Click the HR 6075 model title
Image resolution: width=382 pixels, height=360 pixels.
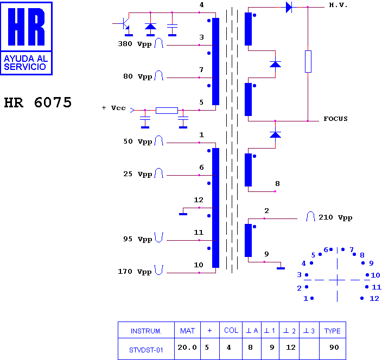coord(38,102)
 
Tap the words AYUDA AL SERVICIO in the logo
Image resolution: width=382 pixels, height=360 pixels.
coord(26,62)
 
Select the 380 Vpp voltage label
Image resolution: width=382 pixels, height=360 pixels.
coord(135,44)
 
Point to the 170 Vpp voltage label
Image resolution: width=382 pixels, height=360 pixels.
coord(135,272)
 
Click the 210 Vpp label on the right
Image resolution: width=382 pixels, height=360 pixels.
coord(335,217)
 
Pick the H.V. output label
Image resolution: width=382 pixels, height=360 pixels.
coord(338,5)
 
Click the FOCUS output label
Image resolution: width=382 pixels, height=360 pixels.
coord(335,119)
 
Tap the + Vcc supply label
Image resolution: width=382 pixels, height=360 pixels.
coord(114,108)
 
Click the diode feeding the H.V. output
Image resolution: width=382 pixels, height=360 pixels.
coord(289,7)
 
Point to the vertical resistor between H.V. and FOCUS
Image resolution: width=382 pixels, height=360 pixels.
coord(308,62)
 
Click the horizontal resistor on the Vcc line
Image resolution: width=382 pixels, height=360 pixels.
coord(167,111)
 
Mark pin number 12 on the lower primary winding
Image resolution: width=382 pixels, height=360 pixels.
coord(199,200)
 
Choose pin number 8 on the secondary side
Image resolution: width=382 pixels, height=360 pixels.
coord(277,184)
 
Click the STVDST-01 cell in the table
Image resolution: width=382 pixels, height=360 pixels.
coord(146,350)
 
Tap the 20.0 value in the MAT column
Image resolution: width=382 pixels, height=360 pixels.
coord(187,348)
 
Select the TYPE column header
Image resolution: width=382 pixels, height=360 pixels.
coord(332,331)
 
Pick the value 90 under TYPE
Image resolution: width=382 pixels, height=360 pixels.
coord(334,348)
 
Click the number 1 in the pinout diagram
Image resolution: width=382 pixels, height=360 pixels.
coord(306,299)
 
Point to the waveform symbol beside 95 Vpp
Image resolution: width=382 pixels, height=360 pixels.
coord(159,237)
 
